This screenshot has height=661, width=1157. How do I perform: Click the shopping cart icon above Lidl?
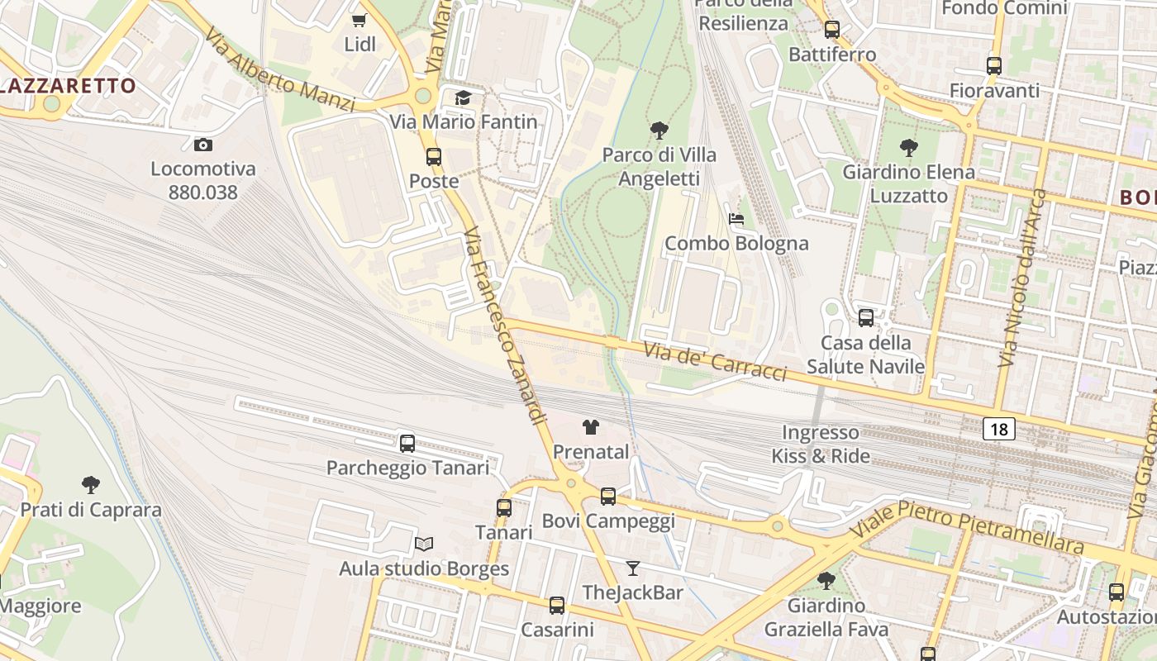[359, 20]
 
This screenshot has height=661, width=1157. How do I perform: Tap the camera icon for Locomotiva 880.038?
[202, 145]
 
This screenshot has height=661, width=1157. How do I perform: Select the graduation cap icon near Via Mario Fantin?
[463, 98]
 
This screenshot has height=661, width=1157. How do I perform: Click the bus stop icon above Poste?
[434, 156]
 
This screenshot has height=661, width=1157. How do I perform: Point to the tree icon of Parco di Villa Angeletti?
[659, 130]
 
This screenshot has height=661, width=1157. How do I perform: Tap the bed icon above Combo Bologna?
[736, 219]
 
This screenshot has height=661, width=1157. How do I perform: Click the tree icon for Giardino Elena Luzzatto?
[908, 148]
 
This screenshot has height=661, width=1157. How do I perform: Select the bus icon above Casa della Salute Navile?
[865, 317]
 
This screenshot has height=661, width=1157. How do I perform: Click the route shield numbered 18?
[999, 429]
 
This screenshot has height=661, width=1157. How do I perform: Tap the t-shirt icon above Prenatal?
[591, 427]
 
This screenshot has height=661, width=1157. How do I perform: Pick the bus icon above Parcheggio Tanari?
[407, 443]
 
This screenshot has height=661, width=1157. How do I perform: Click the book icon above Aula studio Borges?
[424, 544]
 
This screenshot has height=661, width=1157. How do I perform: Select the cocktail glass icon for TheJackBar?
[633, 568]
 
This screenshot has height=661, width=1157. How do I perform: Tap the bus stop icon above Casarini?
[557, 605]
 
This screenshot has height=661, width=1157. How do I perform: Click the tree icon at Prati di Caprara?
[91, 485]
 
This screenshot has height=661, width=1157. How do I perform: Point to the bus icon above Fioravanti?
[994, 66]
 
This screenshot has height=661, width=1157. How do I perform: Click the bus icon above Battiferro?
[832, 30]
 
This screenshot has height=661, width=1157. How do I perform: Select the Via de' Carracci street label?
[715, 362]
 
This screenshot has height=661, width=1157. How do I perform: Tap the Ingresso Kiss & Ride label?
[821, 444]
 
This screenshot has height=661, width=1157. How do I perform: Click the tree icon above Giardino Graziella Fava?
[826, 581]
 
